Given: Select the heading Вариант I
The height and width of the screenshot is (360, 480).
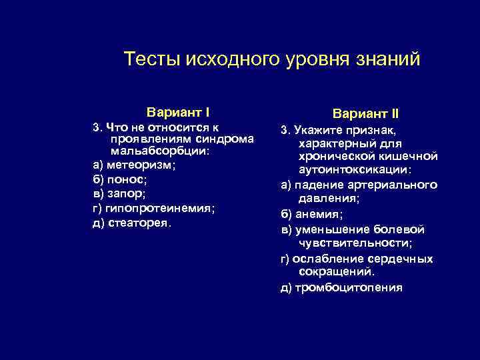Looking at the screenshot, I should click(x=179, y=111).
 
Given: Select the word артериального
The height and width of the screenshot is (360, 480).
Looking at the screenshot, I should click(x=399, y=185).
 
